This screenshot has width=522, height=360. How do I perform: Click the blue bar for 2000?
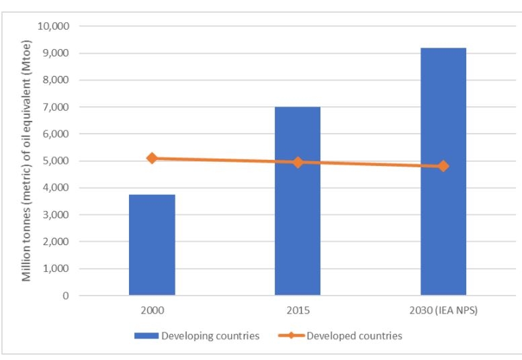(x=152, y=244)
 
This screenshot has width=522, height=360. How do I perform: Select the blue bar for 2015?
(x=298, y=201)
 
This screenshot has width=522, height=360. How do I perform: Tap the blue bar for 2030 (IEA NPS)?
(x=443, y=171)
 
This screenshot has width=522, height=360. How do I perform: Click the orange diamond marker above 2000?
(x=152, y=158)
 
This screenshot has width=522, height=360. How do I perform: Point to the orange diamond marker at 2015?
(x=298, y=162)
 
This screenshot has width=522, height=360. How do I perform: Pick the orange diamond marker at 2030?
(x=443, y=166)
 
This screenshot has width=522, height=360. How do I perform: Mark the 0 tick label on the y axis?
(x=66, y=296)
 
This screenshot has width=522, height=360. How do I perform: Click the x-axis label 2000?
(x=152, y=312)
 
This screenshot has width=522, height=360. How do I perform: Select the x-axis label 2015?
(x=298, y=312)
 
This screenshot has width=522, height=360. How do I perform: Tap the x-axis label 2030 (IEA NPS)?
(x=443, y=312)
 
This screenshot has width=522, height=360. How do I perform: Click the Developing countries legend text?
(x=210, y=336)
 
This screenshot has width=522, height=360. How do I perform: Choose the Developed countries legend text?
(x=355, y=336)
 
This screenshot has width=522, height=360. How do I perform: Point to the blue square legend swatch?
(x=144, y=336)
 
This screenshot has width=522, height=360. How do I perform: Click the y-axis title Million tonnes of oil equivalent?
(x=27, y=161)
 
